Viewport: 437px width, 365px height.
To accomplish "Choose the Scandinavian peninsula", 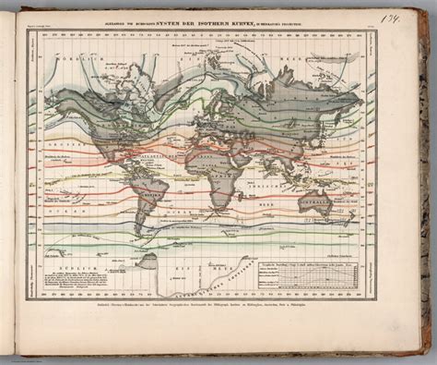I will [226, 83].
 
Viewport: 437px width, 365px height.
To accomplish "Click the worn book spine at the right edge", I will [430, 185].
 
